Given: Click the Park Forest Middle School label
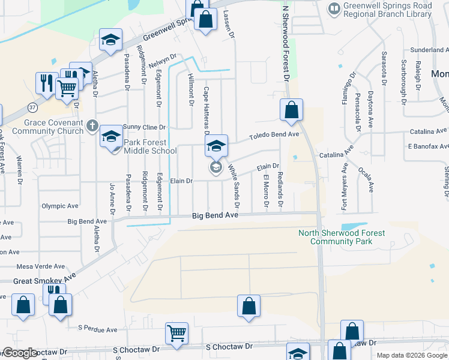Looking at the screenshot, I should [x=150, y=147].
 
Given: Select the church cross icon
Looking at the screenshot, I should [x=91, y=125].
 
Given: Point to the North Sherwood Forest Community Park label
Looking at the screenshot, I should [x=341, y=237].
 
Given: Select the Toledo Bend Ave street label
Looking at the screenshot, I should [x=274, y=135].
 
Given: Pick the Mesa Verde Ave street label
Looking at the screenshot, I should [x=41, y=266].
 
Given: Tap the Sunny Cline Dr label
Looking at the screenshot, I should [x=144, y=127].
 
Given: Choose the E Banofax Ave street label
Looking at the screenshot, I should [x=427, y=146].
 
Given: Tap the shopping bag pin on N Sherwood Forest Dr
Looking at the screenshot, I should [x=291, y=110].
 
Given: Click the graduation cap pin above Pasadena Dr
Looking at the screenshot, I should [x=110, y=40].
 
